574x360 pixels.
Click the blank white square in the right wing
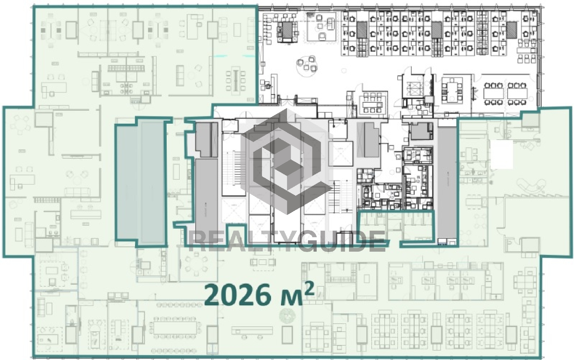coord(502,154)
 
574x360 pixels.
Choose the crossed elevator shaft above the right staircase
coord(341,154)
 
